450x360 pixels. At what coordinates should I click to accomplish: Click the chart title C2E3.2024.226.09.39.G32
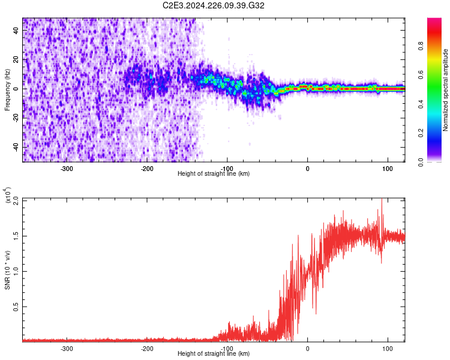click(214, 5)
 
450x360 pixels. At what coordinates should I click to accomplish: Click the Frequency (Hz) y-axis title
click(7, 90)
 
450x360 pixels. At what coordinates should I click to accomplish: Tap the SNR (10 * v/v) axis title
click(7, 270)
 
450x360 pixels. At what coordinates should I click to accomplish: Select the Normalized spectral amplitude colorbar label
click(446, 90)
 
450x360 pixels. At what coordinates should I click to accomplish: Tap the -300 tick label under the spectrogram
click(67, 168)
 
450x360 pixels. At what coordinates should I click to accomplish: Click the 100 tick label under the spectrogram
click(388, 168)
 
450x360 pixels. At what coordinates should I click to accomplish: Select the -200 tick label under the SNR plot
click(147, 348)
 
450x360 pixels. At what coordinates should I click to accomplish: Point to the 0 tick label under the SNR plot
click(308, 348)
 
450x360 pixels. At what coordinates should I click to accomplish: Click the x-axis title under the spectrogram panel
click(214, 174)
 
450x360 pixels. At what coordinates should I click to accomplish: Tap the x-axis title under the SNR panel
click(214, 354)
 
